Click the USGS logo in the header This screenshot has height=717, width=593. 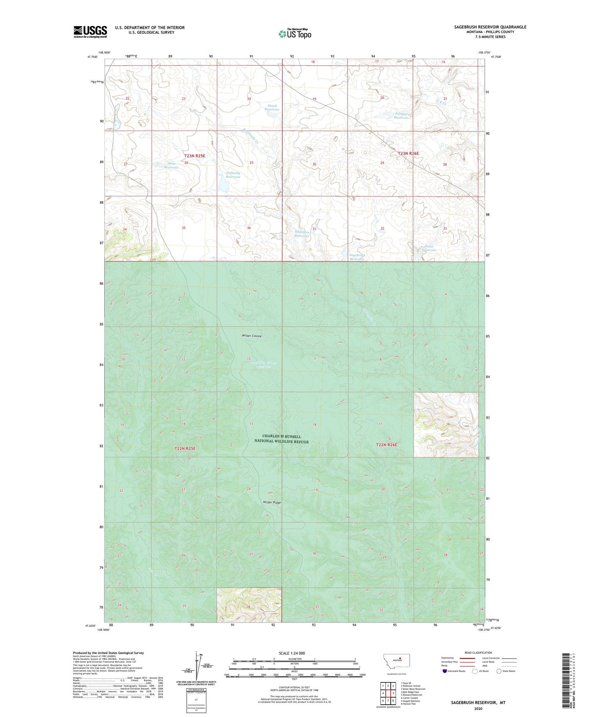coord(90,32)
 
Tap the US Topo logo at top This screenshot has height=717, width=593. coord(295,34)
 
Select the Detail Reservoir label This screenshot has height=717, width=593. coord(272,108)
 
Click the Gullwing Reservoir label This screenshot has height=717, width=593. coord(233,175)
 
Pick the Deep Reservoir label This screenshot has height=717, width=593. coord(171,165)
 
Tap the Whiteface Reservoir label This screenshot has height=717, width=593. coord(302,234)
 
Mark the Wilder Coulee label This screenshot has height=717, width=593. coord(252,336)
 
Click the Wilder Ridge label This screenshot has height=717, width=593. coord(272,502)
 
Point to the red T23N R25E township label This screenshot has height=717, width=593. coord(194,156)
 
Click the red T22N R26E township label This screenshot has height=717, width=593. coord(387,445)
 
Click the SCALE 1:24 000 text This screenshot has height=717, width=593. coord(292,653)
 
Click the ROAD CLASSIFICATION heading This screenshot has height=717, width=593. coord(478,653)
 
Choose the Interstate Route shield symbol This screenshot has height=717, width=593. coord(445,671)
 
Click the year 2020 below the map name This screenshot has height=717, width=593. coord(478,708)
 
